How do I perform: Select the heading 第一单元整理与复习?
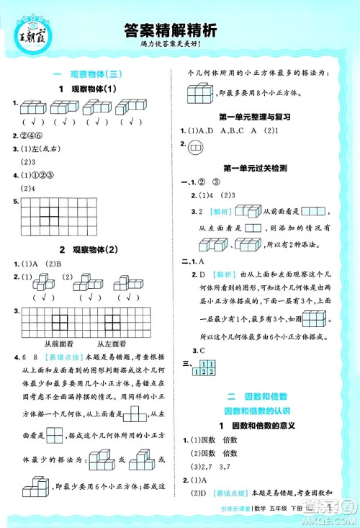(255, 115)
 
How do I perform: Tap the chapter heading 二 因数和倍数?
(255, 397)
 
